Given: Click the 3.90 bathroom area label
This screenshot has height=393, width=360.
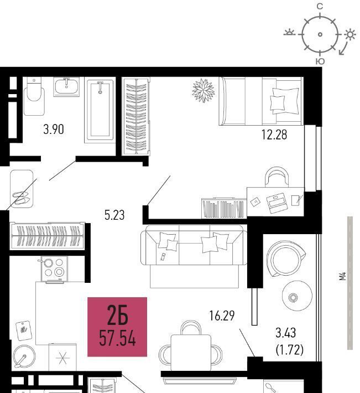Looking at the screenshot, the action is (x=54, y=130).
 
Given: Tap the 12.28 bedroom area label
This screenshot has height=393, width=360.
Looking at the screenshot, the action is (x=274, y=135).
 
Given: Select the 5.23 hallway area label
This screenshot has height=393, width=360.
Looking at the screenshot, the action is (x=114, y=215).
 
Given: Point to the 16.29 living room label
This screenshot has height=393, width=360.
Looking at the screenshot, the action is (x=222, y=316).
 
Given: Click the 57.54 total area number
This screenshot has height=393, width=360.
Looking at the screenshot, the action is (x=117, y=338).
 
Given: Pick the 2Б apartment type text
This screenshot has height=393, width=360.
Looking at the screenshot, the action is (x=117, y=315).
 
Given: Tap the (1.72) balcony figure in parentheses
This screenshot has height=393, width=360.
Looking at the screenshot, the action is (x=290, y=350).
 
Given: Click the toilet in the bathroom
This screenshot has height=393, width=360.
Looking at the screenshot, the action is (x=34, y=96).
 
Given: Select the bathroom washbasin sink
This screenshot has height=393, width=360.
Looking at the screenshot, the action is (x=66, y=87).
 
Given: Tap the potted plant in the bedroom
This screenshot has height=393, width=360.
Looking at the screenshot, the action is (x=204, y=90).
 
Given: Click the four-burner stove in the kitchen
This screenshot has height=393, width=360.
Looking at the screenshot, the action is (x=54, y=269).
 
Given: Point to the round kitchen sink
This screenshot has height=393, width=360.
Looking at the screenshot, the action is (x=24, y=356).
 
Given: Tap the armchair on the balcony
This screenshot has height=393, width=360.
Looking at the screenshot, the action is (x=285, y=258).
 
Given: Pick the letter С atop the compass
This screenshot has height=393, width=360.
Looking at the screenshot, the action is (x=320, y=6).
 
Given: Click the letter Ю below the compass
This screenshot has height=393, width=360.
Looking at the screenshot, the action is (x=320, y=61).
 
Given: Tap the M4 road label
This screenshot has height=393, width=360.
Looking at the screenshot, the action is (x=342, y=276).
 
